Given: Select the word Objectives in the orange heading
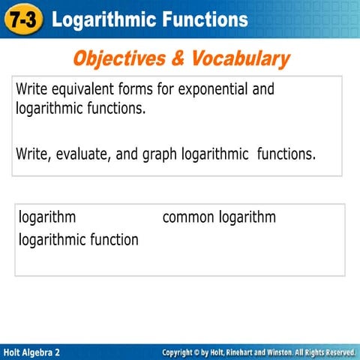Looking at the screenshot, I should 121,58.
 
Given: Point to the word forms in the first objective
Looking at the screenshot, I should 142,89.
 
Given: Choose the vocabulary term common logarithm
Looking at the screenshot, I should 219,217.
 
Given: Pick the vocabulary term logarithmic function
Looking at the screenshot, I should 79,240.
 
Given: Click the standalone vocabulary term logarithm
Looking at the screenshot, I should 47,217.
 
